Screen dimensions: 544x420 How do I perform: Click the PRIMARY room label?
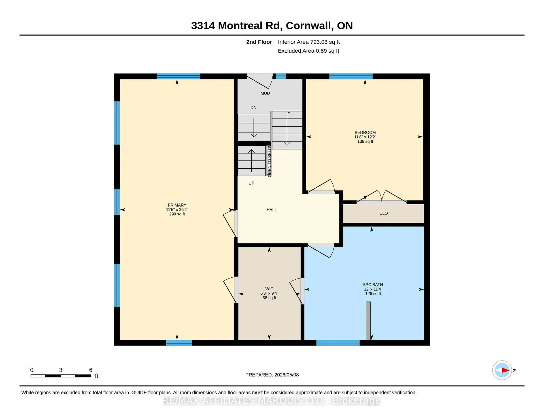[x=177, y=205]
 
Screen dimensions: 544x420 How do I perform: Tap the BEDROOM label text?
[x=365, y=132]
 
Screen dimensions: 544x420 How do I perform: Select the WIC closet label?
[x=269, y=289]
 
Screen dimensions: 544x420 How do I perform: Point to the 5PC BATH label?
[x=373, y=285]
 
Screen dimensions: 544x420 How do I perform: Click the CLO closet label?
[x=383, y=213]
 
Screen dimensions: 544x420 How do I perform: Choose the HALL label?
[x=271, y=210]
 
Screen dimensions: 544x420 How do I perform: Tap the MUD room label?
[x=265, y=93]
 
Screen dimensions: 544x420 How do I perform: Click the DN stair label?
[x=253, y=108]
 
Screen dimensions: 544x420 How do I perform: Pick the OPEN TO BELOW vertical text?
[x=269, y=162]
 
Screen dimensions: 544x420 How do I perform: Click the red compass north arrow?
[x=505, y=370]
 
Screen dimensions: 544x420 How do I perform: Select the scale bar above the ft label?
[x=61, y=376]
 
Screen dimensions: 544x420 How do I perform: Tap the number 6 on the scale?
[x=91, y=370]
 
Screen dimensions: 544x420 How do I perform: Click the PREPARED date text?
[x=272, y=375]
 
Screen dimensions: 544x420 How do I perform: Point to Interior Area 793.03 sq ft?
[x=309, y=42]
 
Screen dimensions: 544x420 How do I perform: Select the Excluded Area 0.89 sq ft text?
[x=308, y=51]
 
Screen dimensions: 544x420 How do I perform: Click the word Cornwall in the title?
[x=309, y=26]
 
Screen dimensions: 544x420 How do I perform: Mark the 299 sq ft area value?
[x=177, y=214]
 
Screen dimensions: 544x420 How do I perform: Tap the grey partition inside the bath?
[x=368, y=321]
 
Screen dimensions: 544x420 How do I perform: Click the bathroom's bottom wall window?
[x=338, y=343]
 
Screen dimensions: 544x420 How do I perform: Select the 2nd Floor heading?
[x=259, y=42]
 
